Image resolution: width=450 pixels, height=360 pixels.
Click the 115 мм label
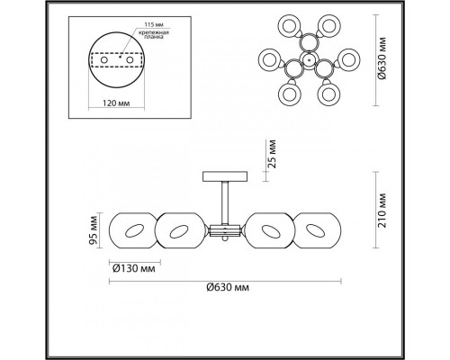[x=154, y=24]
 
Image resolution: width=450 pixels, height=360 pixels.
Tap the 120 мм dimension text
[x=116, y=103]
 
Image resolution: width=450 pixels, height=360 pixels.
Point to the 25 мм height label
[x=273, y=153]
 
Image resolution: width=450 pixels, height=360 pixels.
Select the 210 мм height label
[x=382, y=211]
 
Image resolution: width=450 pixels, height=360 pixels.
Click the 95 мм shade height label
[x=94, y=230]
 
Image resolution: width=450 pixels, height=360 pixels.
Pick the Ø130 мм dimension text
[x=134, y=268]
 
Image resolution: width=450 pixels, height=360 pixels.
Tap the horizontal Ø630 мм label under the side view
[x=228, y=287]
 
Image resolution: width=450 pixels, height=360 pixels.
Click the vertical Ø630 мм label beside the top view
[x=382, y=58]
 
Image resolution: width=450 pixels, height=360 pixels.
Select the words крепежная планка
[x=153, y=34]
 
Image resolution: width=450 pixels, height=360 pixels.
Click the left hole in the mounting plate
[x=104, y=59]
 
